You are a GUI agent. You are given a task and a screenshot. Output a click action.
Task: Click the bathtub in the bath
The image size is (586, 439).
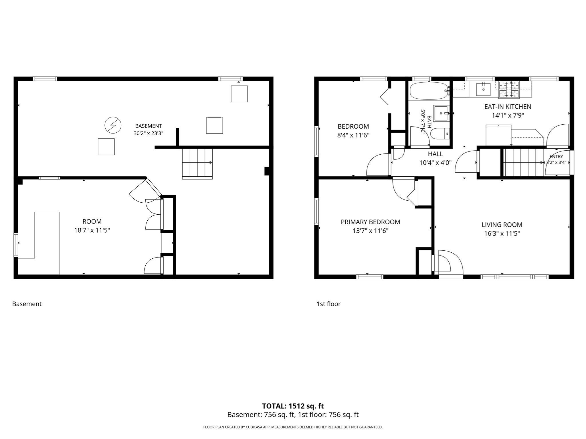[x=428, y=91]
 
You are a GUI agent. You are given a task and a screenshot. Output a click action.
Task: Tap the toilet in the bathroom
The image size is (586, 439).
[x=440, y=133]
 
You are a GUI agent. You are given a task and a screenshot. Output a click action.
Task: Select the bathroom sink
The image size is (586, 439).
[x=442, y=113]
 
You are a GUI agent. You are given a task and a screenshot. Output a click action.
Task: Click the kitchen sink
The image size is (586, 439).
[x=483, y=89]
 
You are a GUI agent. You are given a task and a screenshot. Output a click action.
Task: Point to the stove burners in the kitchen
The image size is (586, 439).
[x=509, y=89]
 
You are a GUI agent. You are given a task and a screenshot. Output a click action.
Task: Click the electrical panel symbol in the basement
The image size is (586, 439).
[x=113, y=125]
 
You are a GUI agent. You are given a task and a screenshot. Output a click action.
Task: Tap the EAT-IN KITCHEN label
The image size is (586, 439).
[x=508, y=107]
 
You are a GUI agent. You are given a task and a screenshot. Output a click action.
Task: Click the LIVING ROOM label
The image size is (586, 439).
[x=502, y=225]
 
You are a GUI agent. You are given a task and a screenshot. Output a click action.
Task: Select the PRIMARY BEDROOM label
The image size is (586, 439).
[x=370, y=222]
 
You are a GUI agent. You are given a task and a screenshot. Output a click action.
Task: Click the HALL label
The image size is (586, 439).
[x=435, y=154]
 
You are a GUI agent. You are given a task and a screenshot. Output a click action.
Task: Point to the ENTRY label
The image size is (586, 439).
[x=556, y=156]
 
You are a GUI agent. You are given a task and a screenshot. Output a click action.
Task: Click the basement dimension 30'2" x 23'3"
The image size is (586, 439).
[x=148, y=133]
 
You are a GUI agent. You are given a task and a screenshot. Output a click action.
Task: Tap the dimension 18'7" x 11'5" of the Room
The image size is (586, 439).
[x=92, y=230]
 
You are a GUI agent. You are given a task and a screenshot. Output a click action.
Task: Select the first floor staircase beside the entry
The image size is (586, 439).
[x=523, y=162]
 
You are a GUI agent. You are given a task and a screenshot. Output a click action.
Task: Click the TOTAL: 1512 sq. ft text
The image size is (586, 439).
[x=293, y=406]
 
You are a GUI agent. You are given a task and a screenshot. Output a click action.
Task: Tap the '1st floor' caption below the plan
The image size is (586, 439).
[x=328, y=304]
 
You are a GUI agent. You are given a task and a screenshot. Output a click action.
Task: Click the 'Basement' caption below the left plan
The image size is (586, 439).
[x=27, y=304]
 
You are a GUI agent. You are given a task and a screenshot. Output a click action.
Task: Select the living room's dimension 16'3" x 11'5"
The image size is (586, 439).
[x=502, y=234]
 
